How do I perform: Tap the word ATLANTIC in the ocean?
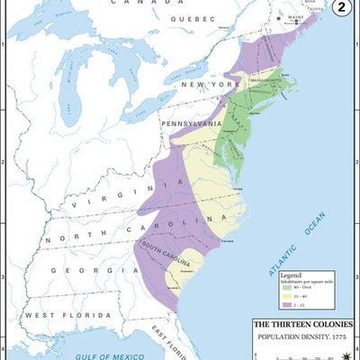click(270, 258)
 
